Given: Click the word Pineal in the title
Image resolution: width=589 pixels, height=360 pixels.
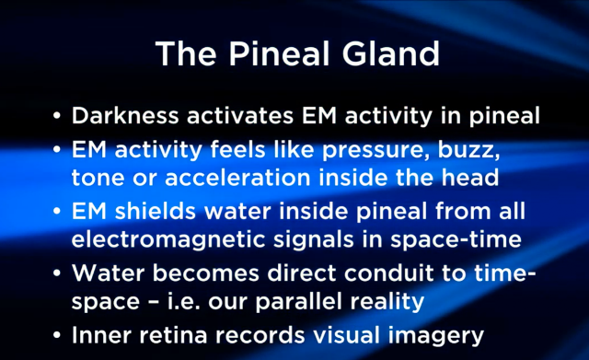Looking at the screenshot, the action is click(280, 53).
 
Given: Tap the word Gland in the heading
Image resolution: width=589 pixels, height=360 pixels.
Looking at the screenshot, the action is click(391, 53).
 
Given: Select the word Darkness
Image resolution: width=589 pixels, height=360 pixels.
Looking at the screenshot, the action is click(125, 115).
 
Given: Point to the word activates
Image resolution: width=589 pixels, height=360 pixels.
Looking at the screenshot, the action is click(240, 116).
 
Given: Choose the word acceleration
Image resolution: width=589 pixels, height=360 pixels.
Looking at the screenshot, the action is click(237, 178).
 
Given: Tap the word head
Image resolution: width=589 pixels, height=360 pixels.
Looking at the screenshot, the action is click(470, 177).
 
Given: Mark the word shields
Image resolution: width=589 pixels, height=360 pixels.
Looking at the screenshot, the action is click(156, 211).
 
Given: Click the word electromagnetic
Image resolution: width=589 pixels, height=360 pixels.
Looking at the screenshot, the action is click(167, 240).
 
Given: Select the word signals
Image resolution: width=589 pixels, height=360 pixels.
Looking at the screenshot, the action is click(313, 240).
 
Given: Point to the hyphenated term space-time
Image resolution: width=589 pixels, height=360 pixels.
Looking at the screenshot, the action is click(456, 240).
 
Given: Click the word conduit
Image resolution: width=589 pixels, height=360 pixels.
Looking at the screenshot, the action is click(388, 273).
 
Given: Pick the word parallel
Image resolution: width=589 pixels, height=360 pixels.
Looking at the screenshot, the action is click(298, 302).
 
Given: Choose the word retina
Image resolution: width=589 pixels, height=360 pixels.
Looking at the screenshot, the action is click(173, 335).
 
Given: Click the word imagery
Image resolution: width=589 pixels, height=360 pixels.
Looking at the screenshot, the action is click(435, 336).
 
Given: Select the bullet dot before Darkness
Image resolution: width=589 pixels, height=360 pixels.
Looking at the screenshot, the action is click(57, 115).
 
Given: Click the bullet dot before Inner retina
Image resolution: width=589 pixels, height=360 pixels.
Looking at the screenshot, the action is click(57, 335).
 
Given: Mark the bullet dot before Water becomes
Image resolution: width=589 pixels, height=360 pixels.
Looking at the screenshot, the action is click(57, 273).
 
